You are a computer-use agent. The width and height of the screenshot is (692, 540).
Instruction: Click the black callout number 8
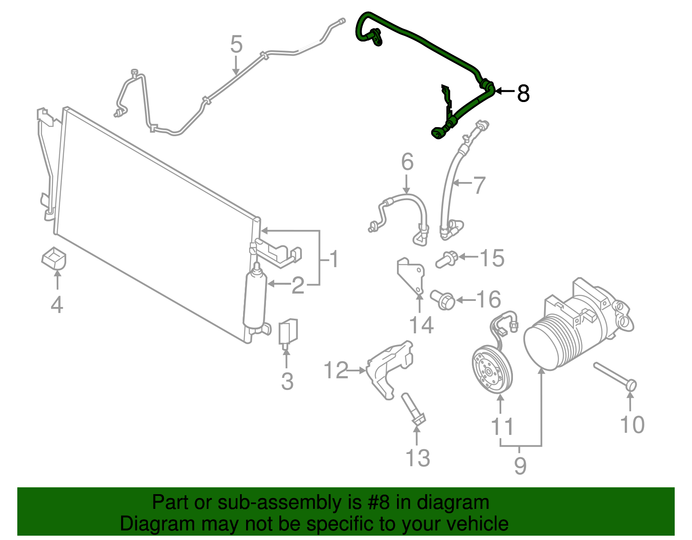[523, 93]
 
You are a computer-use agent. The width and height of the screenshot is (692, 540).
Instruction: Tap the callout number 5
[236, 45]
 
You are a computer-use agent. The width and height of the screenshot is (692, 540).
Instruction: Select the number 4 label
[57, 305]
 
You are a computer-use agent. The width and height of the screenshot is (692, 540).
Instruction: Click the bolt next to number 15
[447, 259]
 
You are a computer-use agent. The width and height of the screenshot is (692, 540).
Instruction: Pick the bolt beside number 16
[442, 299]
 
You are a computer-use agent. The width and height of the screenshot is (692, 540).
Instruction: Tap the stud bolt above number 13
[413, 409]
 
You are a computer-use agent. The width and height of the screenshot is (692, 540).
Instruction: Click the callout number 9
[520, 466]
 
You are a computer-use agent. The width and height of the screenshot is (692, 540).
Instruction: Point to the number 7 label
[479, 185]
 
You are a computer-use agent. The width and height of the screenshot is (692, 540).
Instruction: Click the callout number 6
[407, 162]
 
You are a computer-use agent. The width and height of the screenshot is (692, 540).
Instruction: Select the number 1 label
[333, 259]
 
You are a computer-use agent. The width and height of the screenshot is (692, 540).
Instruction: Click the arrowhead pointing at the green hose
[498, 91]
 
